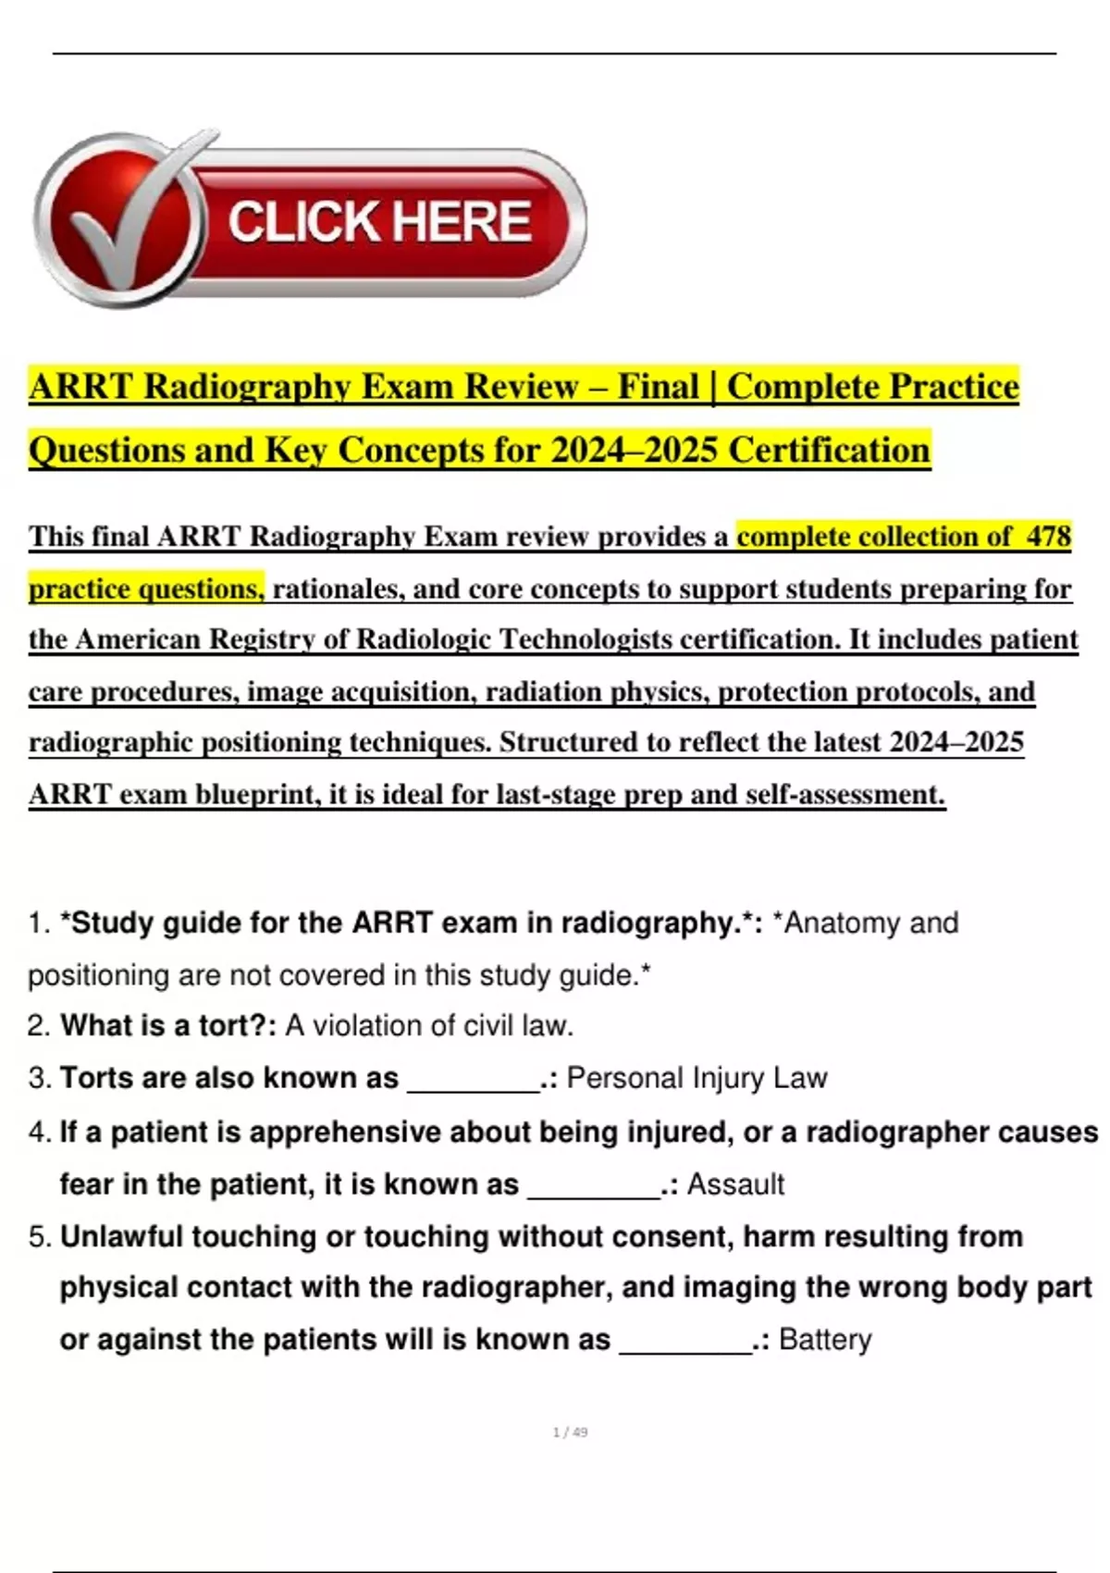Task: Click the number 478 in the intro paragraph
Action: coord(1049,537)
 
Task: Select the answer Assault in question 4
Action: coord(735,1184)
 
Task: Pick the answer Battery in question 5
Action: coord(825,1340)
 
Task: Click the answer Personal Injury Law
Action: coord(697,1078)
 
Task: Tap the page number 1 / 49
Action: coord(570,1432)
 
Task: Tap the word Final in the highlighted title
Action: coord(658,387)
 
